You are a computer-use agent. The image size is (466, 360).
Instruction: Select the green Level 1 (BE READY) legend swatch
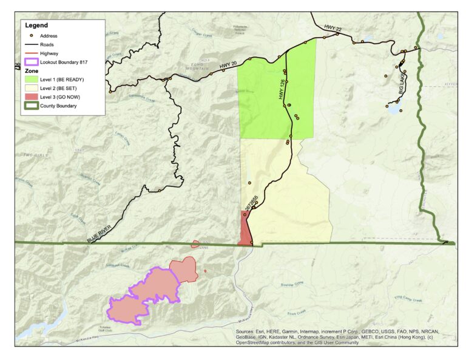31,80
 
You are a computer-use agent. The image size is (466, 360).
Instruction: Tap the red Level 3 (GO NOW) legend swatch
31,97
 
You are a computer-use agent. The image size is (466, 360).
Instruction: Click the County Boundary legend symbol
31,106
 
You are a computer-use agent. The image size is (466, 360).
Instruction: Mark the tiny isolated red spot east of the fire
206,271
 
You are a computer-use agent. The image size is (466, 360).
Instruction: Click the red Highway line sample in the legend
31,53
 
